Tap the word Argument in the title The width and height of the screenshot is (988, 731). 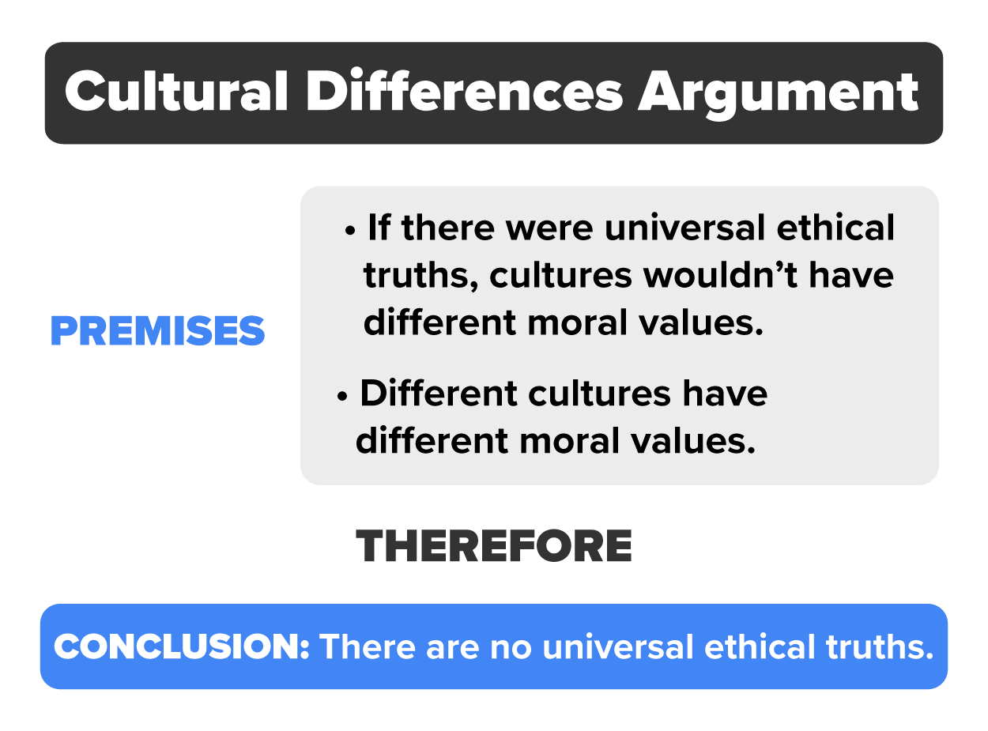click(x=779, y=93)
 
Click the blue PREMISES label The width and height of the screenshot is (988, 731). click(x=158, y=332)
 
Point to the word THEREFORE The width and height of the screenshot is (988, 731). click(x=494, y=546)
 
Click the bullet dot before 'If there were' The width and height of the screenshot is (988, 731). click(x=350, y=232)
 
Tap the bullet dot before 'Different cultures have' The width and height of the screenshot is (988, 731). click(x=342, y=397)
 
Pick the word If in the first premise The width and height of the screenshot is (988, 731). click(x=379, y=228)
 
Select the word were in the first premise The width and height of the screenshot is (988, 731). click(x=552, y=228)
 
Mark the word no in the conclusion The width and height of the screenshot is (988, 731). click(x=503, y=647)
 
